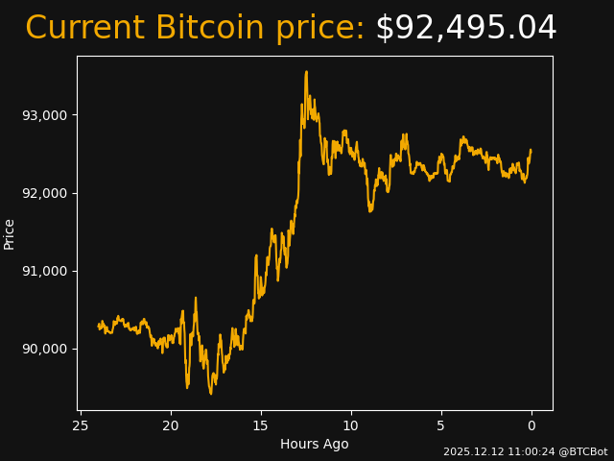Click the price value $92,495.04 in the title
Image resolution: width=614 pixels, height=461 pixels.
(x=465, y=29)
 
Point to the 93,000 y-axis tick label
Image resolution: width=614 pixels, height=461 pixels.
(x=45, y=115)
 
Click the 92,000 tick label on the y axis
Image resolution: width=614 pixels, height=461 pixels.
(x=45, y=193)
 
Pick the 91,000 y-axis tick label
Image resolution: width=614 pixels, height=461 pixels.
(x=45, y=271)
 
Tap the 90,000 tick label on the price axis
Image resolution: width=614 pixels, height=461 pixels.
(x=45, y=349)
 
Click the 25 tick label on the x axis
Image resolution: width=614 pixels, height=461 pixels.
(x=81, y=425)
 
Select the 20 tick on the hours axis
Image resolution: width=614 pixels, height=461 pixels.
(x=171, y=425)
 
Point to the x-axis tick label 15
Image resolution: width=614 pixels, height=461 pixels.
(x=261, y=425)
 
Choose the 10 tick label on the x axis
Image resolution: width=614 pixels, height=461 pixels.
(x=351, y=425)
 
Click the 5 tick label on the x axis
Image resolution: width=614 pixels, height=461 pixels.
(x=441, y=425)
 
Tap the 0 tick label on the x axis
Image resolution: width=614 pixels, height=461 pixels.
(x=531, y=425)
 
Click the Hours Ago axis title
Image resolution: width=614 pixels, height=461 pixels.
(x=315, y=444)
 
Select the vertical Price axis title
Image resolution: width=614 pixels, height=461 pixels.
(x=10, y=233)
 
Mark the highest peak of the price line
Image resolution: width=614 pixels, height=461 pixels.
(x=306, y=71)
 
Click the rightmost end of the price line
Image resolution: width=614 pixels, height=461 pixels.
(x=531, y=150)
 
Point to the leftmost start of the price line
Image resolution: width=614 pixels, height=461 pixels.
(x=99, y=326)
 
